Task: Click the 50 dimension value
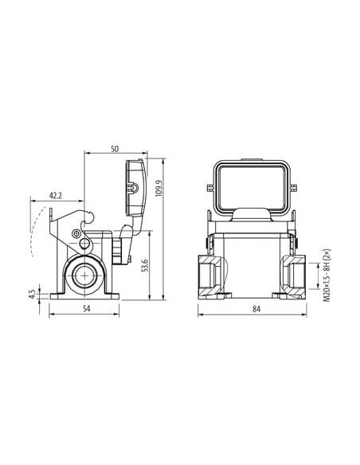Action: tap(115, 149)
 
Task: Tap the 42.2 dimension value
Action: tap(56, 196)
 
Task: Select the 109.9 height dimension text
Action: tap(158, 188)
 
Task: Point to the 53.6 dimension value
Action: tap(144, 265)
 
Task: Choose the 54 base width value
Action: tap(86, 308)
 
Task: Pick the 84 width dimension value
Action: tap(256, 309)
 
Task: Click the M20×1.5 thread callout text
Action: tap(327, 275)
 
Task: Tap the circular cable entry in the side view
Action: tap(84, 275)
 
